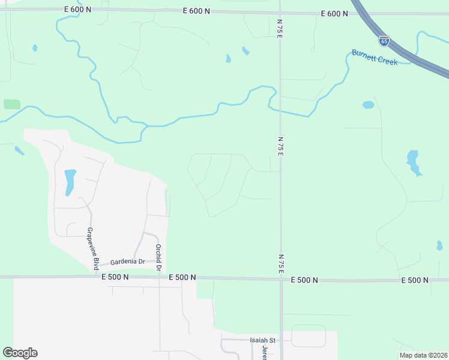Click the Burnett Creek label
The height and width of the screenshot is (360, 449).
(375, 57)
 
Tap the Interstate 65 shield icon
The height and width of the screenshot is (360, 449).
(384, 41)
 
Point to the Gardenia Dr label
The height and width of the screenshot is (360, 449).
(127, 262)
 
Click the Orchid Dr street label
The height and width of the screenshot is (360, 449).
(158, 257)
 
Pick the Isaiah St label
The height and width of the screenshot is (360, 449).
(262, 340)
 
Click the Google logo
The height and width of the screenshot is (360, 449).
(20, 353)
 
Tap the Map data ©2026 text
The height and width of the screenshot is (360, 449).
(423, 355)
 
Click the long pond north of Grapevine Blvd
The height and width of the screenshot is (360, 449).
(70, 182)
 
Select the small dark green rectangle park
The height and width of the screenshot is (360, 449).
(12, 104)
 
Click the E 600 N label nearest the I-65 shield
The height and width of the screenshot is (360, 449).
(335, 13)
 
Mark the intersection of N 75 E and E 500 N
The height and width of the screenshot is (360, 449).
(280, 279)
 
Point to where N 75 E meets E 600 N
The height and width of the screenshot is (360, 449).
(280, 13)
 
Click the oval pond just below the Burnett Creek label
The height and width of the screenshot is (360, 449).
(368, 105)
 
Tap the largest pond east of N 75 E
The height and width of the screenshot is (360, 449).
(413, 162)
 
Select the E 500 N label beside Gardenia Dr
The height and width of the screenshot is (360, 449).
(115, 277)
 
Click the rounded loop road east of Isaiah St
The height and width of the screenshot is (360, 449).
(308, 336)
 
